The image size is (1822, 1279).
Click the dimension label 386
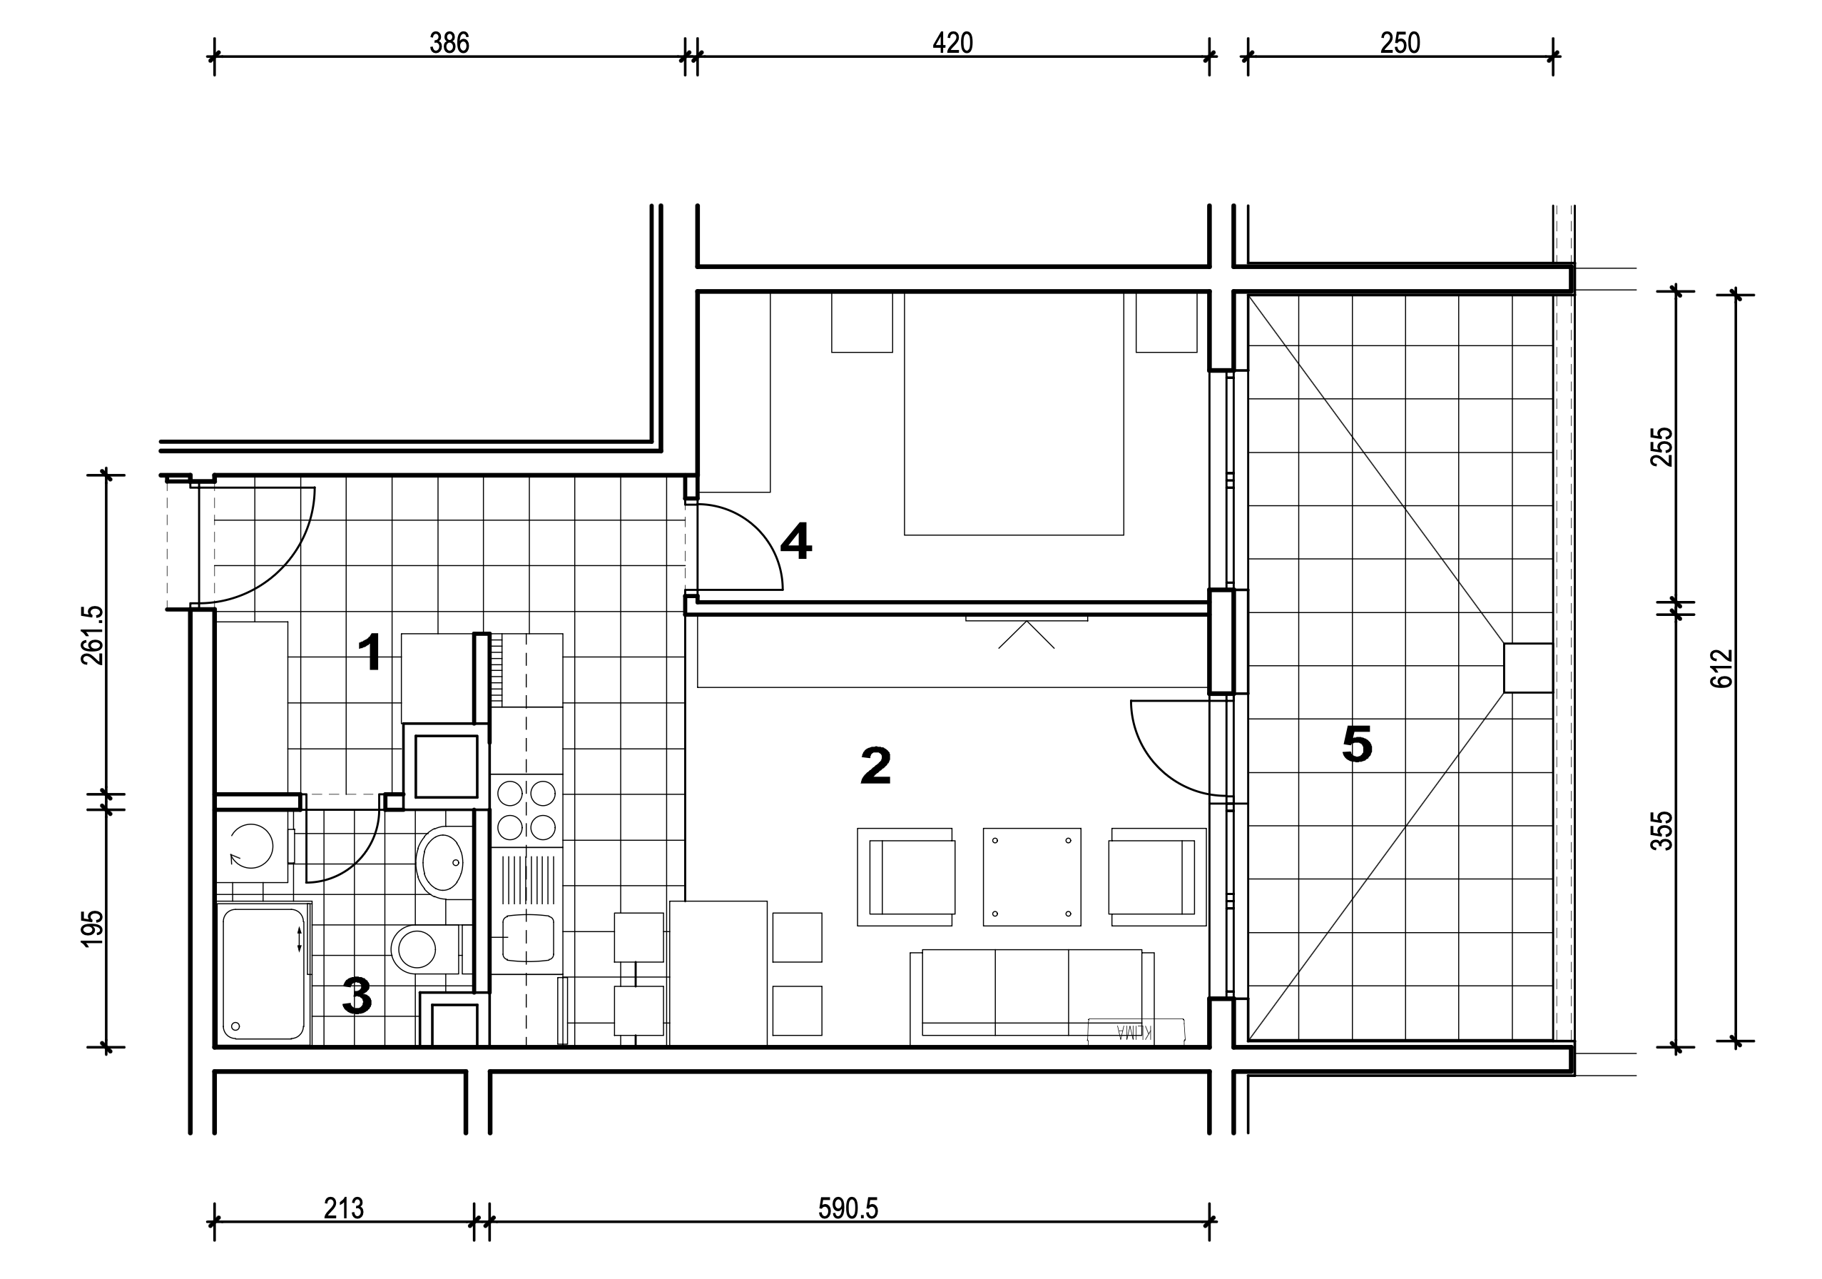[x=449, y=43]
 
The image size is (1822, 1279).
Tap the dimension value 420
[x=952, y=43]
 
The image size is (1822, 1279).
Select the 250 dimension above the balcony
[x=1400, y=43]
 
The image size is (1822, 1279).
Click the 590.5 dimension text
[x=848, y=1208]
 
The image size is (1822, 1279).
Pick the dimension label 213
[x=344, y=1208]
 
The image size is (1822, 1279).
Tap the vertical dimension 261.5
[x=92, y=635]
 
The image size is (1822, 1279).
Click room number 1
[x=370, y=653]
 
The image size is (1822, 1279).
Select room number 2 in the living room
[x=876, y=766]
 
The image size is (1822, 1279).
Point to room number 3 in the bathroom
[x=357, y=996]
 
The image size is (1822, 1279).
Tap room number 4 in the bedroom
[x=796, y=542]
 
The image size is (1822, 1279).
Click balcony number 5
[x=1357, y=744]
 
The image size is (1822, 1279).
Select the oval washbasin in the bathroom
[x=441, y=862]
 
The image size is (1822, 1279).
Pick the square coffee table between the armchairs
[x=1032, y=876]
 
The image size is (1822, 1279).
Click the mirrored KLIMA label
[x=1135, y=1032]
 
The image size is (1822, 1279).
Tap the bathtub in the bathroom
[x=263, y=974]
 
